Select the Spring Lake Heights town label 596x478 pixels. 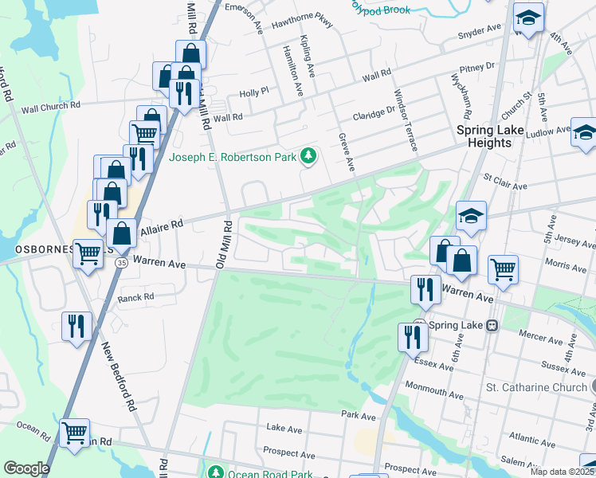point(494,136)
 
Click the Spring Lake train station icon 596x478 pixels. point(492,325)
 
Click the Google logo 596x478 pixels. point(26,468)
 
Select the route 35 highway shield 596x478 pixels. point(121,262)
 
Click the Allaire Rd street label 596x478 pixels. point(162,227)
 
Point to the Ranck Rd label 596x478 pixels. point(135,298)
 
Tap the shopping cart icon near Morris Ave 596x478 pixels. point(503,271)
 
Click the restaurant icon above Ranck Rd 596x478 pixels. point(76,326)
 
